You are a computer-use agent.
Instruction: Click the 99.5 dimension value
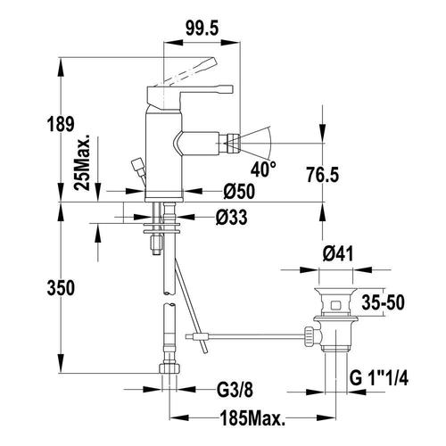202,29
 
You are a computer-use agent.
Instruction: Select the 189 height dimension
61,124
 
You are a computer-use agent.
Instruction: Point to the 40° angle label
263,169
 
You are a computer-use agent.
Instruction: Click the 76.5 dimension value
323,175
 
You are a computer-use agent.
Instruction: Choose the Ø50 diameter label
239,192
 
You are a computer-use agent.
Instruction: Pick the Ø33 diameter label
231,218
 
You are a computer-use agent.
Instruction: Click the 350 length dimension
61,288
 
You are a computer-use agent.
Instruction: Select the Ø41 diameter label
338,254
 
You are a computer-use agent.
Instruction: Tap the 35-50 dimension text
383,302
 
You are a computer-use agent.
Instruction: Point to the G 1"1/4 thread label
378,378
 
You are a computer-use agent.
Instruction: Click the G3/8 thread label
235,390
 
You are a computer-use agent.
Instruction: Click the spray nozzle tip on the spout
233,143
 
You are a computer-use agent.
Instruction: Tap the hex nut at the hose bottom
169,368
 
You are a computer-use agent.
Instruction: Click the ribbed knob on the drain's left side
309,337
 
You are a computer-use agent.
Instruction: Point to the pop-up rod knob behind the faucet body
137,164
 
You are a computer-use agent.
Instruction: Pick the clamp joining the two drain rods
200,337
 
